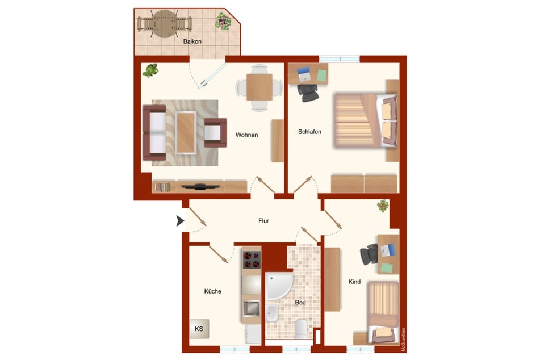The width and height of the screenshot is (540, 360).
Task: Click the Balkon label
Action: click(192, 41)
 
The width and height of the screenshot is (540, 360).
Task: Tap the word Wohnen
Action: click(246, 135)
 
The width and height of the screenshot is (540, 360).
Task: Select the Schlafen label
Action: click(309, 132)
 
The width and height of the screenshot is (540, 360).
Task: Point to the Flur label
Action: click(264, 221)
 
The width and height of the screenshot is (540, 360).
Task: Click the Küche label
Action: click(212, 291)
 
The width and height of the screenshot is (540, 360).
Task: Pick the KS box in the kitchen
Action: click(199, 329)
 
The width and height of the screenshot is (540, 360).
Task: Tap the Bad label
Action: click(300, 302)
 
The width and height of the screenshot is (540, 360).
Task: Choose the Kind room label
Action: click(354, 282)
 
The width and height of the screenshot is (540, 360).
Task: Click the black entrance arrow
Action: click(180, 221)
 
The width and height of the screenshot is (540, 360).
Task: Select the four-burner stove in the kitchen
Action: click(252, 259)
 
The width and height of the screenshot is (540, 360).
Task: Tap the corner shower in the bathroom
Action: click(279, 286)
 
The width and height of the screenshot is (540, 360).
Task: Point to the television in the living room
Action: click(200, 187)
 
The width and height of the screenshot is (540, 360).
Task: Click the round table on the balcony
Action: click(165, 23)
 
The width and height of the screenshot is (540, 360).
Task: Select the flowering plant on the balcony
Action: click(224, 22)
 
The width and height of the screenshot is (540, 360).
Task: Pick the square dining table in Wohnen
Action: click(259, 87)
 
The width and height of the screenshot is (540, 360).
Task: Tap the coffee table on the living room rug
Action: click(186, 133)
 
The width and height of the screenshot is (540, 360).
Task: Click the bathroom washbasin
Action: click(272, 313)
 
